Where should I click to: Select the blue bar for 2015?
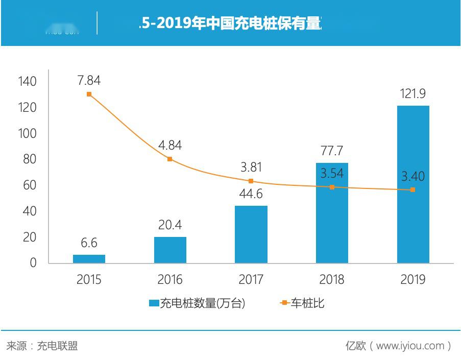pos(89,259)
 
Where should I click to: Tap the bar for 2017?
pos(251,234)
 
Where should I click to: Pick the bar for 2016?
pos(170,250)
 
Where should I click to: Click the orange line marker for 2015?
pos(89,94)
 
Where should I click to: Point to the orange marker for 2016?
pos(170,159)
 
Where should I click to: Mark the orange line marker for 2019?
pos(413,190)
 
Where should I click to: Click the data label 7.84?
pos(89,80)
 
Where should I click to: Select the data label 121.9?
pos(413,93)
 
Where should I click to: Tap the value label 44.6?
pos(251,194)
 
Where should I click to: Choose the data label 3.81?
pos(251,167)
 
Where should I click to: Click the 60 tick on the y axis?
pos(30,185)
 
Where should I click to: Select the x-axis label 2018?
pos(331,279)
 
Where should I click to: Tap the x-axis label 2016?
pos(170,279)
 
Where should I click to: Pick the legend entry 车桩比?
pos(302,303)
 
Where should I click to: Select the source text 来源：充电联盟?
pos(42,346)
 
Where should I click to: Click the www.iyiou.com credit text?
pos(399,346)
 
